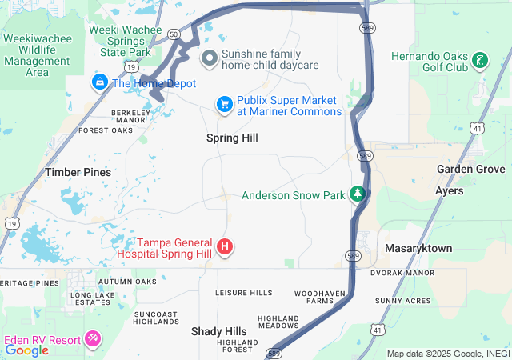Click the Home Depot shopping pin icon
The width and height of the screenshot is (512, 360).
[x=100, y=82]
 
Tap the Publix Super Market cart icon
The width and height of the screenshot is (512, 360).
[x=225, y=104]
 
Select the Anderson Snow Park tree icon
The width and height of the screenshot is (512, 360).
[x=358, y=194]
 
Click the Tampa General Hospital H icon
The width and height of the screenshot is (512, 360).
[x=226, y=246]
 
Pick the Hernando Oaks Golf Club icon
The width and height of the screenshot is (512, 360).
[x=479, y=60]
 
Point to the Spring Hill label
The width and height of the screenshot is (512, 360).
[x=232, y=138]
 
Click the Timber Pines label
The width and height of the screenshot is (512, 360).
[x=78, y=172]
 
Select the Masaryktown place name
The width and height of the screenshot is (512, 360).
[x=418, y=249]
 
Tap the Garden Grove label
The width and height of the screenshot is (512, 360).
[x=470, y=170]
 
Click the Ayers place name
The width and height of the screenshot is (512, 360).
[x=449, y=191]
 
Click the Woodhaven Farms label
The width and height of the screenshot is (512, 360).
[x=319, y=298]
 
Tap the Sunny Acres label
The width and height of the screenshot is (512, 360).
[x=402, y=301]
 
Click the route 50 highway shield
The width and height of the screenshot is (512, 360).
[x=174, y=34]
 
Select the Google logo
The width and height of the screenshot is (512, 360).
[x=27, y=350]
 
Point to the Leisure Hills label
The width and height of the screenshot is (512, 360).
[x=243, y=293]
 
